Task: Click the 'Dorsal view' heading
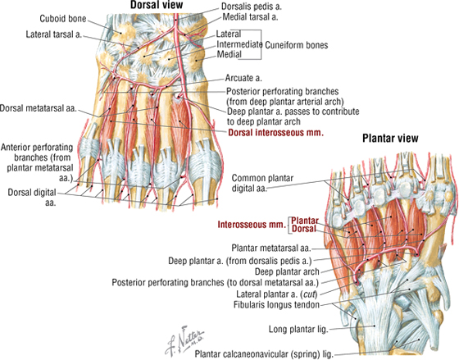tap(157, 5)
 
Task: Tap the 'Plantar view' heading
tap(390, 139)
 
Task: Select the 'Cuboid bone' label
tap(63, 19)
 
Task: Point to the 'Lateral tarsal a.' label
tap(54, 34)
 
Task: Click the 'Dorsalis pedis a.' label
tap(251, 7)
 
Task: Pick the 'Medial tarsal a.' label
tap(250, 17)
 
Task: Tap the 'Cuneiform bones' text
tap(296, 45)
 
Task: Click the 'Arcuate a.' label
tap(243, 78)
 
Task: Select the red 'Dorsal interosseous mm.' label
tap(276, 133)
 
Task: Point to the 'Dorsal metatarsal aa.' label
tap(39, 108)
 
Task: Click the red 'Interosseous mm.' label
tap(252, 225)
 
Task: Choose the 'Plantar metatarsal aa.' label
tap(271, 248)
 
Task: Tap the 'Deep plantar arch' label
tap(287, 271)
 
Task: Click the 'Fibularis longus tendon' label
tap(276, 305)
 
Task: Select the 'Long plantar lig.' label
tap(298, 330)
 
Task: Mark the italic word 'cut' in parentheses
tap(309, 294)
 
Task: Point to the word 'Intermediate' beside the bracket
tap(239, 44)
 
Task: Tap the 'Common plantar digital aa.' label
tap(262, 183)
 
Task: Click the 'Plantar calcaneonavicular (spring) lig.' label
tap(264, 354)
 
